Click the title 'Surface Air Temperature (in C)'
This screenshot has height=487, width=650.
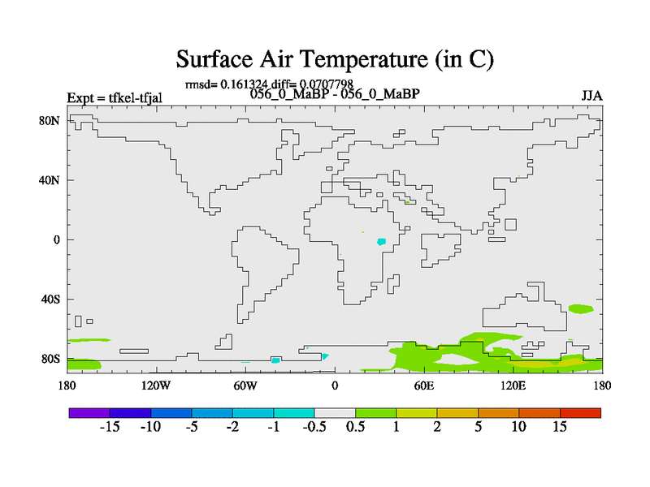point(335,58)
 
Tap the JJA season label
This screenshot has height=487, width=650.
point(591,96)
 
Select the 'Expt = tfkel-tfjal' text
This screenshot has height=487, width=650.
point(115,98)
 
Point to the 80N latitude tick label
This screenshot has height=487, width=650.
point(50,120)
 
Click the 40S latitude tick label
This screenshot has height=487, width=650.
point(50,299)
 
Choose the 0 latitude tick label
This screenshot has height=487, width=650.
point(57,239)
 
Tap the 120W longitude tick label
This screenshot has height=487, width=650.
point(156,386)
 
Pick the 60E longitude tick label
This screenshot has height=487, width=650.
point(424,386)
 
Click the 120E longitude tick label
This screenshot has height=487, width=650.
point(513,386)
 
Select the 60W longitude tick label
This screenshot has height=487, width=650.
point(245,386)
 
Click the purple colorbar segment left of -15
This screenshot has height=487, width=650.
point(89,413)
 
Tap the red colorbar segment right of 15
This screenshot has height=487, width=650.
point(580,413)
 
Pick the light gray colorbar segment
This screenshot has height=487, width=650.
point(335,413)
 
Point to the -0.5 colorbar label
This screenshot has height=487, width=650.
point(314,427)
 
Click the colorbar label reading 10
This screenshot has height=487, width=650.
point(518,427)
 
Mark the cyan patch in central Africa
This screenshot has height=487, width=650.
point(381,241)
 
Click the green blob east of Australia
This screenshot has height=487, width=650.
point(581,308)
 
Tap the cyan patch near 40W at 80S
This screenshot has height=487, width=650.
point(275,360)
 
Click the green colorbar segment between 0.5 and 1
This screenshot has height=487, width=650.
point(375,413)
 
